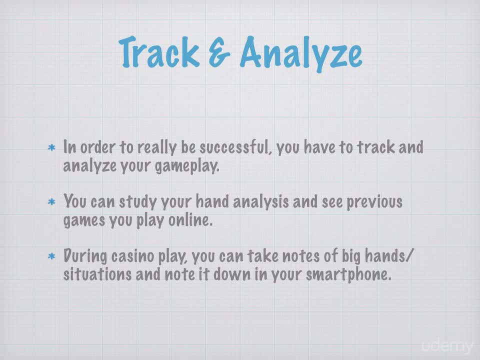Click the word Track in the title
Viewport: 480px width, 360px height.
click(159, 52)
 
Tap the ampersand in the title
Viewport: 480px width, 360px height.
click(219, 52)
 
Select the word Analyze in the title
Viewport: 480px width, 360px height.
click(301, 54)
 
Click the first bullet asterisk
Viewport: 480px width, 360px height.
click(51, 148)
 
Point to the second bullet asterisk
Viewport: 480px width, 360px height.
click(51, 202)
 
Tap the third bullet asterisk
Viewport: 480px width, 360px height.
click(51, 256)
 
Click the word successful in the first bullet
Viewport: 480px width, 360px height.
click(236, 147)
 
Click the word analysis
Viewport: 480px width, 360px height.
click(261, 201)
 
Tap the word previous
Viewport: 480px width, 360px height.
click(374, 202)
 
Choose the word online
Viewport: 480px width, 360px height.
click(190, 220)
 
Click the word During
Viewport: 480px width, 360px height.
click(85, 256)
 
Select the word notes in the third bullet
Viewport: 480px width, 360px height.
click(300, 256)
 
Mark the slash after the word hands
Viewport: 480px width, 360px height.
click(409, 256)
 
